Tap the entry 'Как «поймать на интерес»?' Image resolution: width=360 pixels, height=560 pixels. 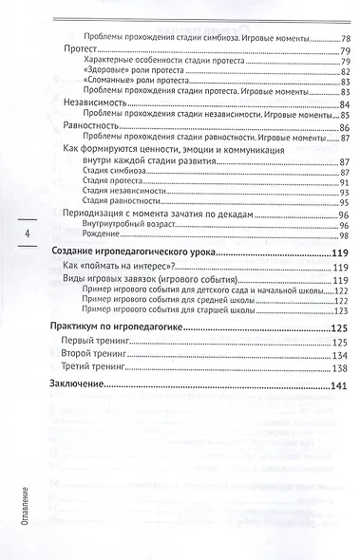coord(122,269)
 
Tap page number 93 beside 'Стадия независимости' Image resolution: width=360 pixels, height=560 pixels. coord(344,193)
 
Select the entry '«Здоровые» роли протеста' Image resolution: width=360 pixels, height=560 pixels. coord(119,71)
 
